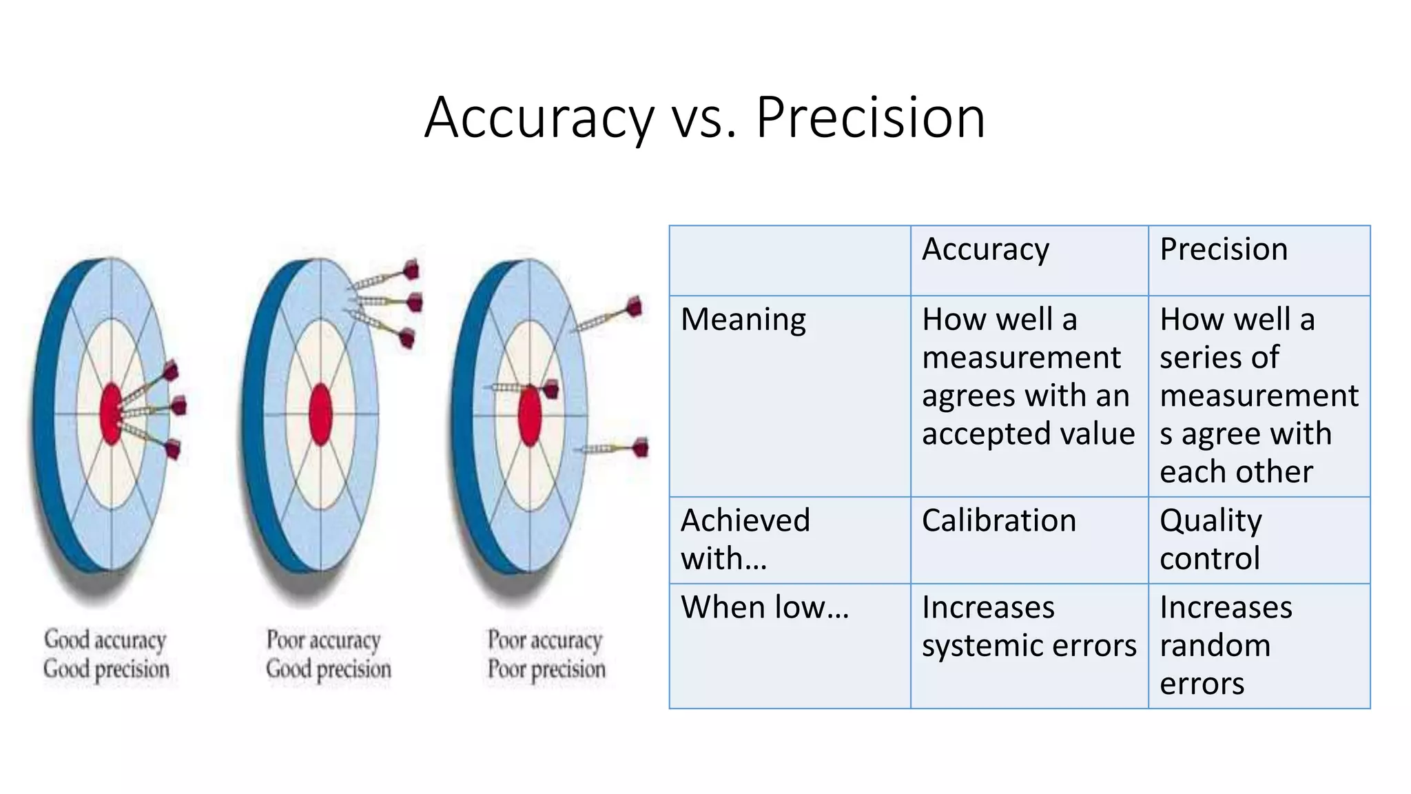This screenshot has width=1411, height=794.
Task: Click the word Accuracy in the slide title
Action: pos(539,119)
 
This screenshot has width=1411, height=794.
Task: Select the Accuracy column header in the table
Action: pos(985,249)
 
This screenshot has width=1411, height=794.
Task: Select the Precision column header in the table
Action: pos(1223,249)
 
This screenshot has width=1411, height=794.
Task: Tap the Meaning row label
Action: pos(743,320)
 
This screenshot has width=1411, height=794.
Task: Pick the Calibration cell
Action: pos(998,520)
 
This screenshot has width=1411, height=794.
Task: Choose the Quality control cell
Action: pos(1211,539)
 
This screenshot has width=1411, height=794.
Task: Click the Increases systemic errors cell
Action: pos(1029,626)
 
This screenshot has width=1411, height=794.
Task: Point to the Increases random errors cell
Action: pos(1226,645)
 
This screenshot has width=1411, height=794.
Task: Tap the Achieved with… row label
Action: pos(745,539)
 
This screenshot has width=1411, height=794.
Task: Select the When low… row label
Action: pos(765,607)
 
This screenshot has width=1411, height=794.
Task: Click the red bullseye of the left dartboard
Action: pos(111,414)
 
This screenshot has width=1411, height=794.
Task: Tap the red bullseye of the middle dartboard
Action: pos(320,414)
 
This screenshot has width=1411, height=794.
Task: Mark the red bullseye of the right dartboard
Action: pos(529,416)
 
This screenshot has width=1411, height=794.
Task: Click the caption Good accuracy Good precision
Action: pos(106,654)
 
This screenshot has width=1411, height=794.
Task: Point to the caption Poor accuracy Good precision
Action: pos(328,654)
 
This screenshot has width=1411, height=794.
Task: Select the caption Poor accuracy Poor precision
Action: pos(546,654)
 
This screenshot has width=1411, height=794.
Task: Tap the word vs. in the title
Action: pos(704,119)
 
